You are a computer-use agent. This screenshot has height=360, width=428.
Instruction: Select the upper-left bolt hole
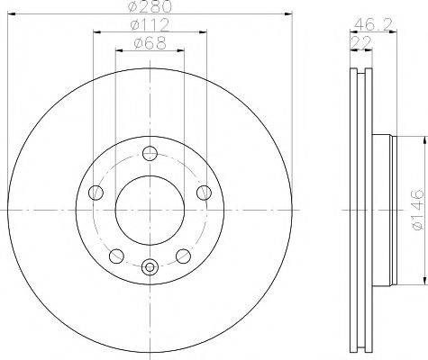point(96,191)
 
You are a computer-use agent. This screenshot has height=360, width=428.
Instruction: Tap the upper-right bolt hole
point(204,191)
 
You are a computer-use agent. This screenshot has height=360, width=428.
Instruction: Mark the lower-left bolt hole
point(114,255)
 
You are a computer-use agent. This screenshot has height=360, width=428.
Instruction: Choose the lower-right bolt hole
point(183,255)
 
